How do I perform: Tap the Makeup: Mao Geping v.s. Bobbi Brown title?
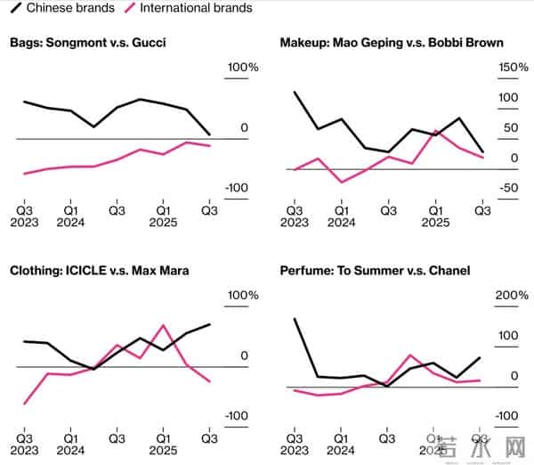coord(392,42)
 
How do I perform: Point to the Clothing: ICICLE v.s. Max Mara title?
coord(99,270)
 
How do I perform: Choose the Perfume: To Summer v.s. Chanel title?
coord(375,270)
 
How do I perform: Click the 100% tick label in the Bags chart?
coord(241,69)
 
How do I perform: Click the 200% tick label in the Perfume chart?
coord(512,296)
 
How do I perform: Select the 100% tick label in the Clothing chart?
coord(241,296)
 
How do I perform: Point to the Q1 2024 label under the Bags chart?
coord(70,216)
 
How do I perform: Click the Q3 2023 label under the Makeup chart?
coord(295,216)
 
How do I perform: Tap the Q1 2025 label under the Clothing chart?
coord(163,445)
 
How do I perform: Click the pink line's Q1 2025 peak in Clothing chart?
coord(163,325)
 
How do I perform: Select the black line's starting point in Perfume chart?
coord(294,319)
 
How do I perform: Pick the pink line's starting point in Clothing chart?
coord(24,404)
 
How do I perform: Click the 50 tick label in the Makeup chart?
coord(509,128)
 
